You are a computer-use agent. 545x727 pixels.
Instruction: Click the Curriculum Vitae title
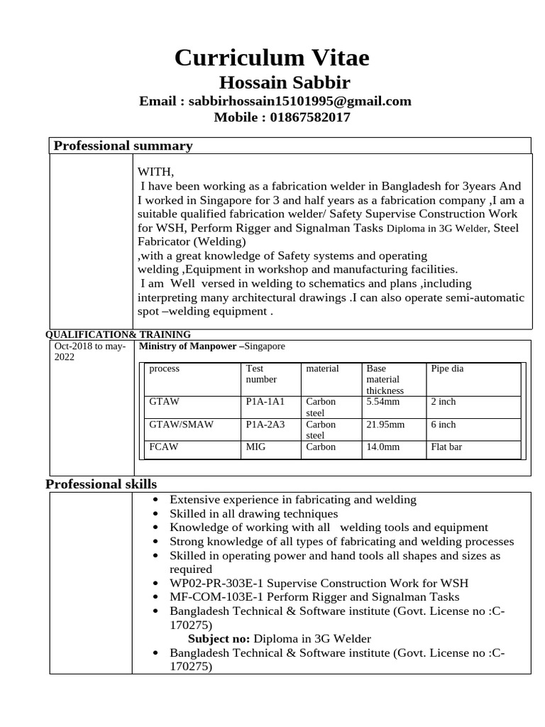click(272, 57)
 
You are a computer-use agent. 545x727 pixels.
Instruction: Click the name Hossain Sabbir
click(284, 82)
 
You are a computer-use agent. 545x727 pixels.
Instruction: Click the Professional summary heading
click(123, 146)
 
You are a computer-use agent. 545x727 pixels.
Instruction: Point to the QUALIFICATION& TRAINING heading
click(119, 334)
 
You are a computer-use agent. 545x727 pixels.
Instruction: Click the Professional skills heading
click(101, 484)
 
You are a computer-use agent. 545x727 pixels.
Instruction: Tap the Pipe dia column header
click(447, 369)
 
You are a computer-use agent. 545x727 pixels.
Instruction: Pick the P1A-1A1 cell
click(265, 402)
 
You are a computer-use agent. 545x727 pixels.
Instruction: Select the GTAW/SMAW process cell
click(181, 425)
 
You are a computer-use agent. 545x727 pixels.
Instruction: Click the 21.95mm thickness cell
click(385, 425)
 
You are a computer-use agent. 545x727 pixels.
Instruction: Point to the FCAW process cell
click(163, 447)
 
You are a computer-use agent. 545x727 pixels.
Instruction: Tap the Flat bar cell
click(447, 447)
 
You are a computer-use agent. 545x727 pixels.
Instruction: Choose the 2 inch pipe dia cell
click(444, 402)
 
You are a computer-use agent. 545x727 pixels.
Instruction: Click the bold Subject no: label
click(219, 639)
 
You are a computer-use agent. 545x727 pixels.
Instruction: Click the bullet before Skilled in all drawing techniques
click(156, 513)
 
